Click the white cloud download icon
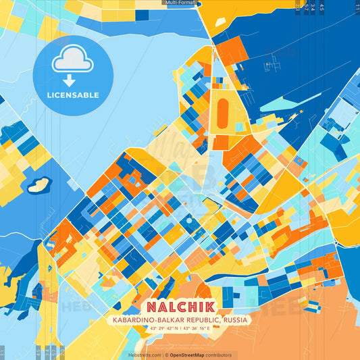(x=72, y=59)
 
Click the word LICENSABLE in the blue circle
(x=72, y=95)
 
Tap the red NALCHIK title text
(x=180, y=305)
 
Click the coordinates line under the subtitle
(x=180, y=330)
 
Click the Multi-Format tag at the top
(x=180, y=3)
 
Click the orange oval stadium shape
(x=222, y=111)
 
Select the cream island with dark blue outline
(x=38, y=184)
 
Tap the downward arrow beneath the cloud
(x=72, y=79)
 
